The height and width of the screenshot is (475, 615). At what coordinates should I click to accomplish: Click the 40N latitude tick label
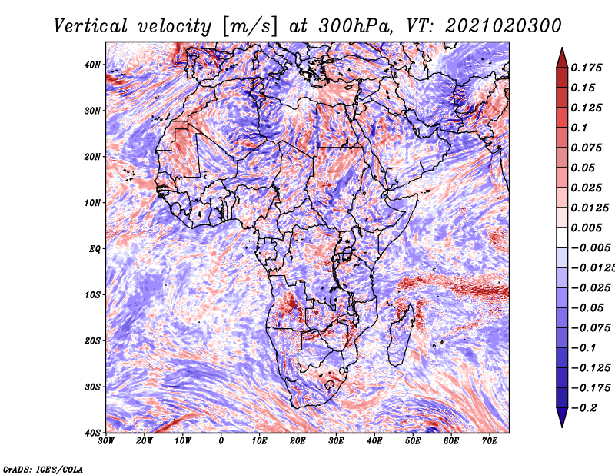pos(92,65)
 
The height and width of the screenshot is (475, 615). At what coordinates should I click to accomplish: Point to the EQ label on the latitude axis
pos(95,249)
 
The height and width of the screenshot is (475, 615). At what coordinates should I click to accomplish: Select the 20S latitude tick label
pos(92,340)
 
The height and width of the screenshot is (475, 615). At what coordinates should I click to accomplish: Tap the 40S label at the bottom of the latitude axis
pos(92,433)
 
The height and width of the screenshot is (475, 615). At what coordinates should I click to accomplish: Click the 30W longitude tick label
pos(106,441)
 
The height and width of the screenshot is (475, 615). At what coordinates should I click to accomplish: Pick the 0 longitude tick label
pos(221,441)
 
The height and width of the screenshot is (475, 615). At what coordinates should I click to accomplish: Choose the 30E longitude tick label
pos(336,441)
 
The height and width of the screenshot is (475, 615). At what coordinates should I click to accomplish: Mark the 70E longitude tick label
pos(490,441)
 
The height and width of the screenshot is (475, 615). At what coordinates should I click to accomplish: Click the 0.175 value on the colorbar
pos(586,68)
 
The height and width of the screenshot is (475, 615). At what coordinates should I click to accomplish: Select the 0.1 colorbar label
pos(579,128)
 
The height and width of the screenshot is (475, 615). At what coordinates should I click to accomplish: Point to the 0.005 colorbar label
pos(586,228)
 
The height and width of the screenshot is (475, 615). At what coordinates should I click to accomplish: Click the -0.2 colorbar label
pos(583,407)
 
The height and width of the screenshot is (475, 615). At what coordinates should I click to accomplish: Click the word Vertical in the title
pos(90,26)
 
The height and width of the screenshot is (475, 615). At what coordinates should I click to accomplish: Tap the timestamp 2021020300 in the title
pos(504,26)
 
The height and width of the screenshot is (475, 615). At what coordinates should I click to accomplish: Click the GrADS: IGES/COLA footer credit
pos(43,469)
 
